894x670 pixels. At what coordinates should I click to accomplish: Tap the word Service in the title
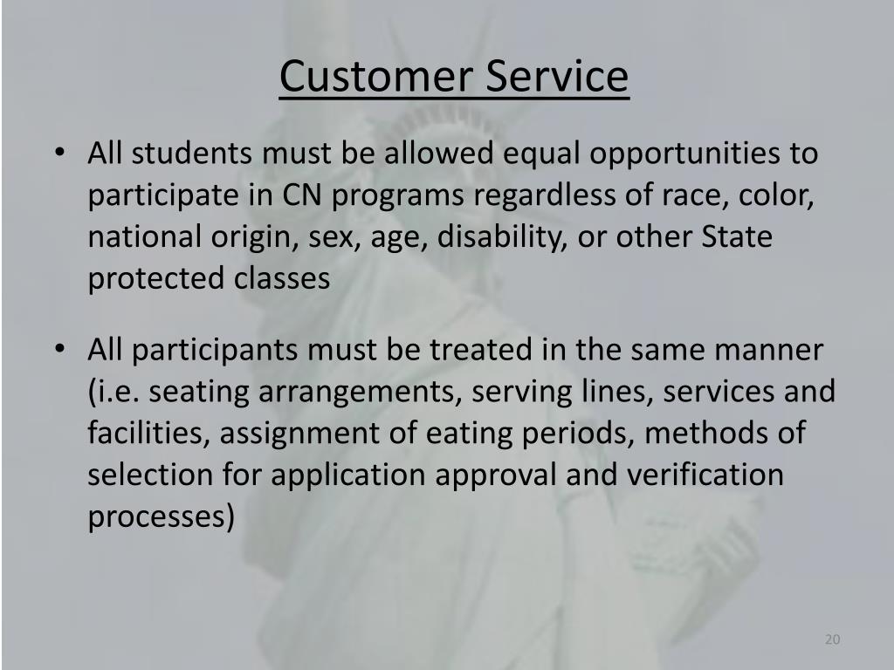coord(556,77)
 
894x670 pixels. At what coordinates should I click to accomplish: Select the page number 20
coord(832,640)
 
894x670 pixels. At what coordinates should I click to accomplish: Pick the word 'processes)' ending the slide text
coord(162,517)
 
